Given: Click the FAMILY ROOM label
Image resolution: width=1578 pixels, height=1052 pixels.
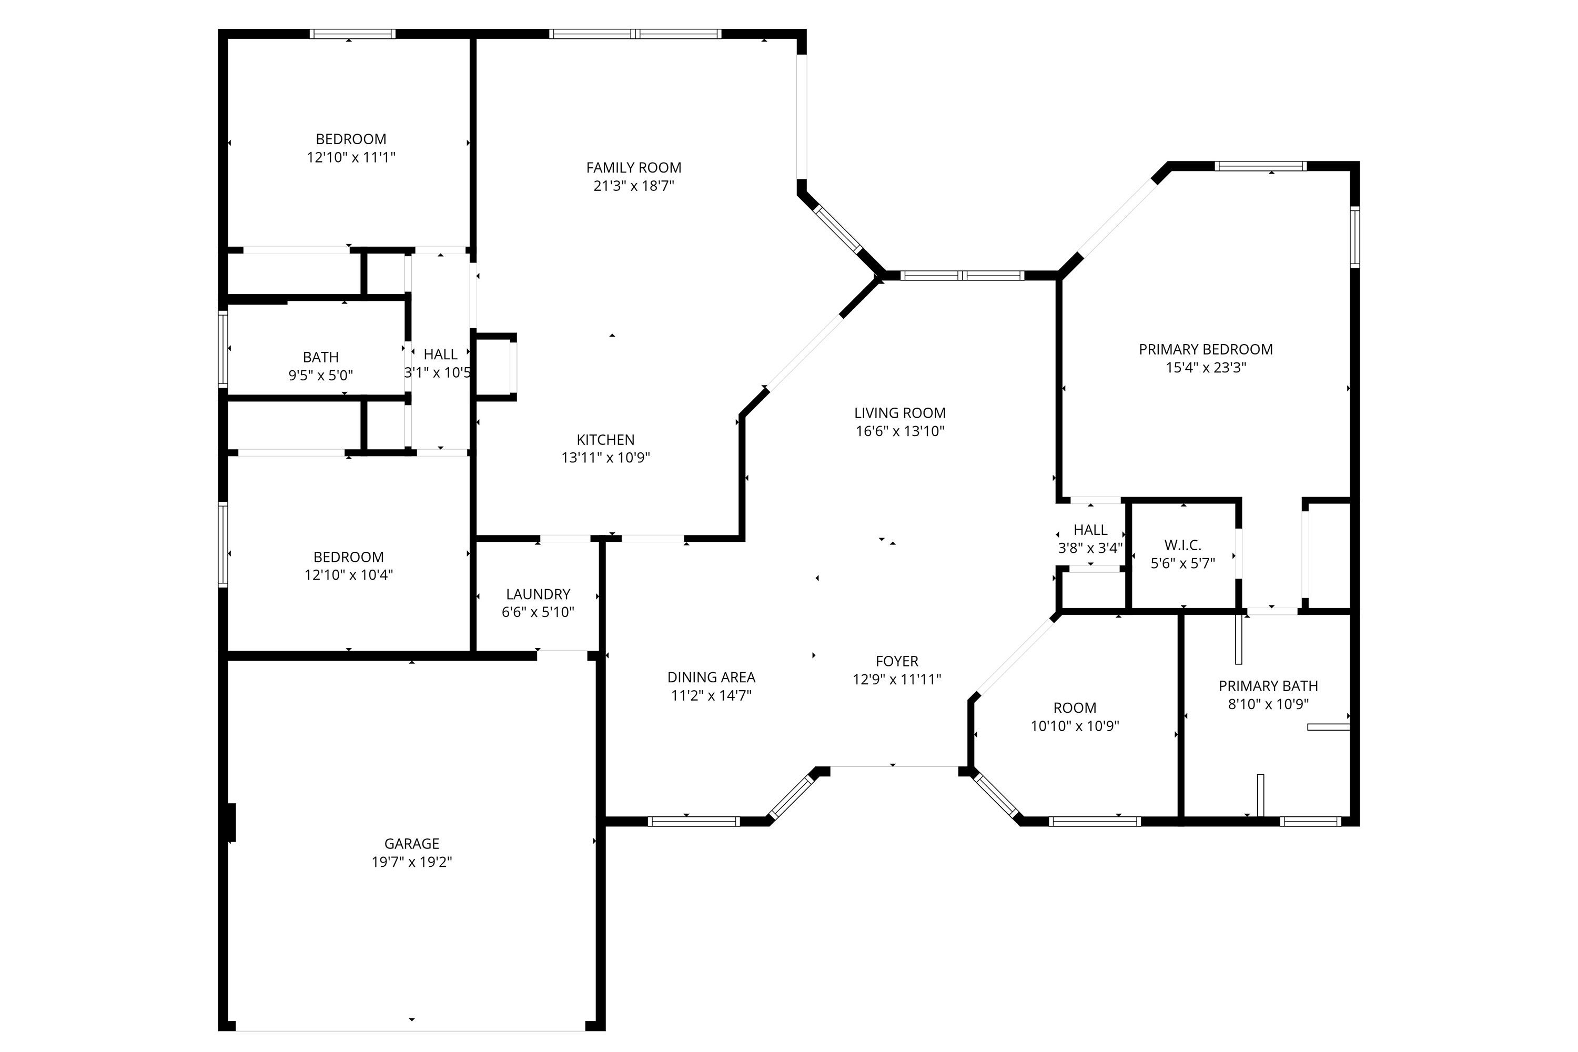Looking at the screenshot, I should pos(633,168).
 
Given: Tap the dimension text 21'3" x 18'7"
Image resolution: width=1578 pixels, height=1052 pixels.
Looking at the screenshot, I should pos(633,186).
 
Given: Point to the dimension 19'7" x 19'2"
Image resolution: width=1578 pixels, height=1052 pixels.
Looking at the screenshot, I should pos(411,862).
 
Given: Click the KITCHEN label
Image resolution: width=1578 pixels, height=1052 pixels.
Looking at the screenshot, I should pos(605,439).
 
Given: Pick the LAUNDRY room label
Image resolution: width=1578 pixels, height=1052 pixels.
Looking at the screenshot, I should pos(538,594).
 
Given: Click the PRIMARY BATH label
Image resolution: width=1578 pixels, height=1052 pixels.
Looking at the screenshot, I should pos(1268,686).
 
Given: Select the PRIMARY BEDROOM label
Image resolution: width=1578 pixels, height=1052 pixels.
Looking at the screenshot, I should pos(1206,349).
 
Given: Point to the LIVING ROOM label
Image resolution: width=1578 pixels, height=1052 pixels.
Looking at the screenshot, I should pos(899,412).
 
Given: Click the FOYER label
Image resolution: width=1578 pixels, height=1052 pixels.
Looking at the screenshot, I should pos(896,661).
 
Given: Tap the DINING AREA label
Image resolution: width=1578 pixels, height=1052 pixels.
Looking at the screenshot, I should pos(711,677).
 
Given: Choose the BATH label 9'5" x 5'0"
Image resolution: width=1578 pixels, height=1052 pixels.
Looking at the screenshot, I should pos(321,357).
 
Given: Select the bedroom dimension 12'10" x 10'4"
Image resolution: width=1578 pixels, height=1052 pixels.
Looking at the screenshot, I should pos(348,575).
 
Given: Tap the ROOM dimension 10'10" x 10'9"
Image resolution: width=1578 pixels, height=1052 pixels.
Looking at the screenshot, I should pos(1075,726).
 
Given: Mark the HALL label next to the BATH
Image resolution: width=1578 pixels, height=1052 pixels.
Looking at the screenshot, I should pos(440,354).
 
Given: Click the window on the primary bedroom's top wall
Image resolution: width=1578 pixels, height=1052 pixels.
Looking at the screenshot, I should pos(1261,166).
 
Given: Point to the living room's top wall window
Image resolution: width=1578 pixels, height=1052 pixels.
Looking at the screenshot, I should pos(962,275).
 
